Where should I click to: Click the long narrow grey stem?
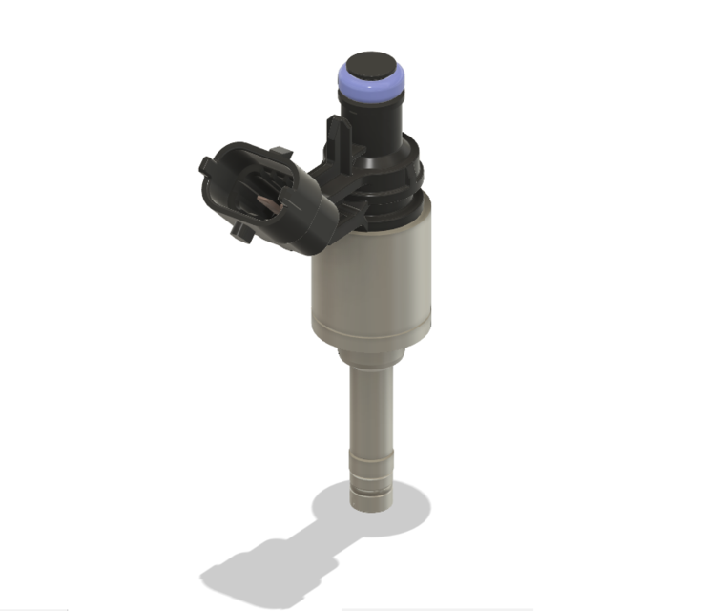(370, 411)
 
